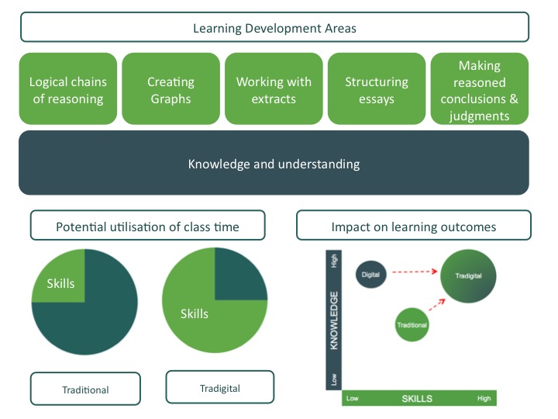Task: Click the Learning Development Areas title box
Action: tap(274, 27)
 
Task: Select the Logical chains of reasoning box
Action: tap(68, 88)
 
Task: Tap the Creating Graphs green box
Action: tap(170, 88)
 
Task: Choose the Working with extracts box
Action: tap(274, 88)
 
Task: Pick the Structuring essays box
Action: tap(377, 88)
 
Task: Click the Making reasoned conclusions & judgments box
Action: tap(480, 88)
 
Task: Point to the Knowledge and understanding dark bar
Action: tap(274, 162)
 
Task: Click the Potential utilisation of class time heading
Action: tap(148, 225)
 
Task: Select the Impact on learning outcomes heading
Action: tap(414, 225)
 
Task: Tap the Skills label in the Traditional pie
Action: tap(61, 284)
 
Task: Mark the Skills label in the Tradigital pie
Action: tap(195, 314)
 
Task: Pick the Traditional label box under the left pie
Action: tap(85, 389)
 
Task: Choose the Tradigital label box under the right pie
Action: tap(220, 387)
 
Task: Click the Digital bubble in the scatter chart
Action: tap(370, 275)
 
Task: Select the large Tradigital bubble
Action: tap(468, 276)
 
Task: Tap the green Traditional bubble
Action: tap(412, 324)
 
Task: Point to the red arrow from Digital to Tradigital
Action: tap(415, 272)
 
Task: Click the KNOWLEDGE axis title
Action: tap(334, 320)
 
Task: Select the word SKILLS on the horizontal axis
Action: tap(417, 399)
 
